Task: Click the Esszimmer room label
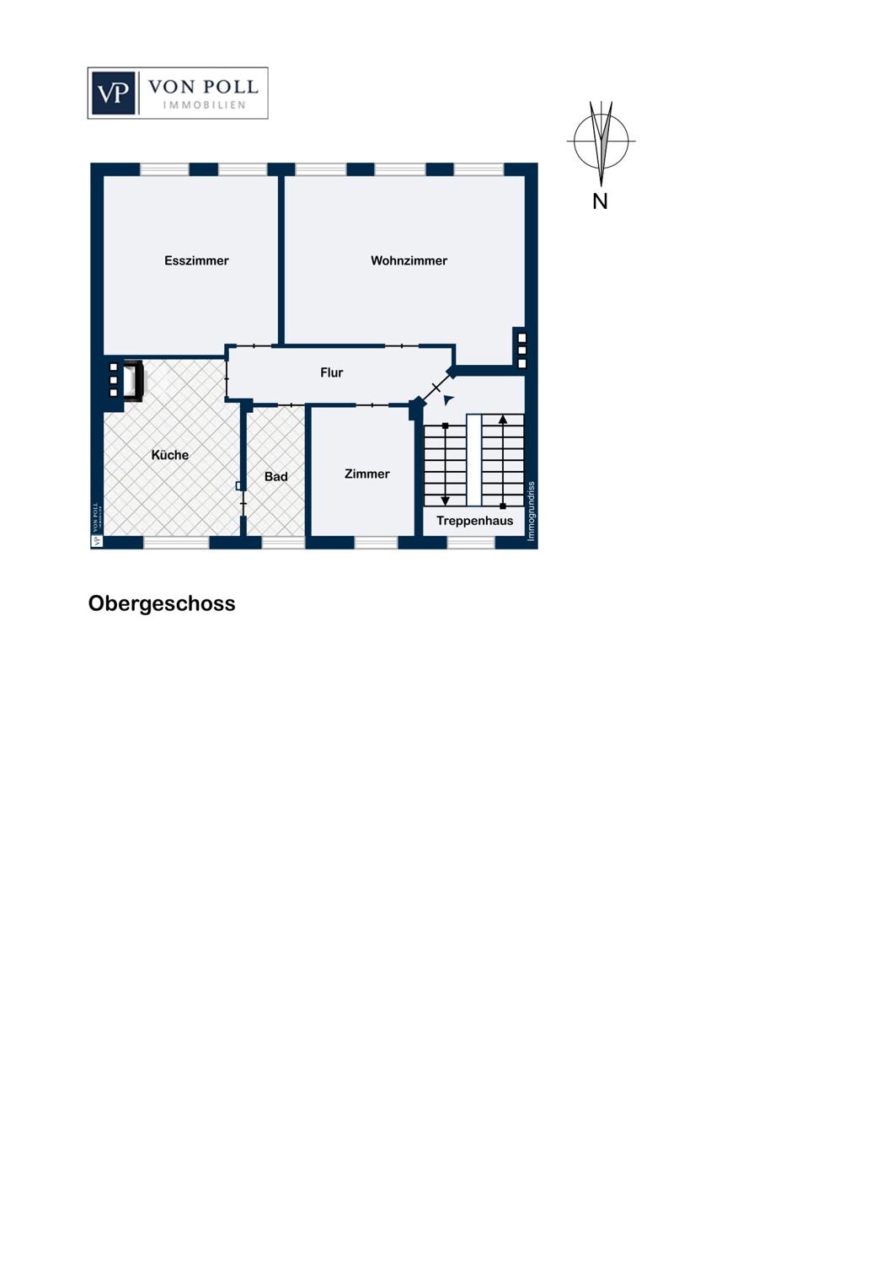[196, 261]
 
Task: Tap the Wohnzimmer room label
[409, 261]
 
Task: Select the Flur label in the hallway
[331, 372]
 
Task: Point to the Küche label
[169, 455]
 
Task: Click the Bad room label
[275, 477]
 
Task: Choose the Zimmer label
[366, 474]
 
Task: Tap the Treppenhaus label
[474, 521]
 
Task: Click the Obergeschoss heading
[162, 603]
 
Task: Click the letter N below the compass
[600, 201]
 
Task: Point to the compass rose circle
[601, 142]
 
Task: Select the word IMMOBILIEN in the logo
[204, 105]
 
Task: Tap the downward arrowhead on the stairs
[446, 501]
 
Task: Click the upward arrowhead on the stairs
[503, 420]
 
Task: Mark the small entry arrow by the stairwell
[448, 399]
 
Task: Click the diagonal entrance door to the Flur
[436, 388]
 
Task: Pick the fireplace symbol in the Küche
[133, 381]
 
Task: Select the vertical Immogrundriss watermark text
[531, 511]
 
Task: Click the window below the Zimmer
[376, 543]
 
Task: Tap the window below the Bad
[283, 543]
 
